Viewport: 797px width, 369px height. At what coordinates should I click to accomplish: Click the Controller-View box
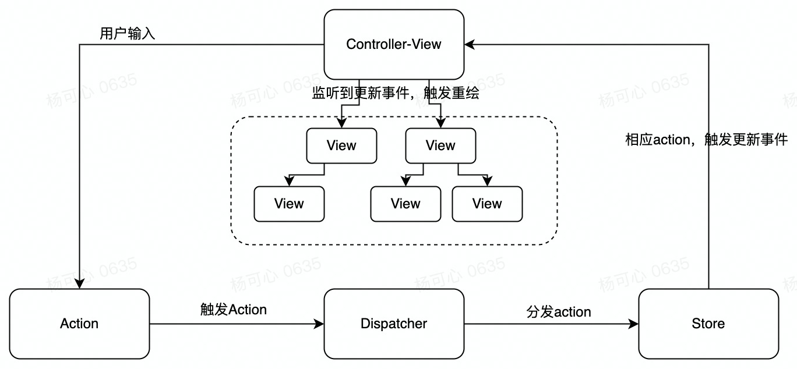tap(394, 44)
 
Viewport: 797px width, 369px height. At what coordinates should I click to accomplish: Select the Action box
tap(79, 324)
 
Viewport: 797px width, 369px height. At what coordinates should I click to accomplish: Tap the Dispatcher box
tap(394, 324)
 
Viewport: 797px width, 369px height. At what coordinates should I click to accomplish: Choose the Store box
tap(708, 324)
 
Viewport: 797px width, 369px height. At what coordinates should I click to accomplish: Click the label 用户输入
tap(128, 34)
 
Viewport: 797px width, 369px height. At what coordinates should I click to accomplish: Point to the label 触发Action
tap(233, 310)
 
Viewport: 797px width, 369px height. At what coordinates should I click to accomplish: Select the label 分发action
tap(559, 312)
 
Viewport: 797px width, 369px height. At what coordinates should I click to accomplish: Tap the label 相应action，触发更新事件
tap(706, 140)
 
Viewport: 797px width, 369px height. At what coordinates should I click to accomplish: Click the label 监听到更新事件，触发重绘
tap(396, 93)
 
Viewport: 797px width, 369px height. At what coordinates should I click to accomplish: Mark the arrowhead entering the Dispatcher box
tap(320, 324)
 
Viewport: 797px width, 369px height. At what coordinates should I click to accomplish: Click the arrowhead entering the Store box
tap(634, 324)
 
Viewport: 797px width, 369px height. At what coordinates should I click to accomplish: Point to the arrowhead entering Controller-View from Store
tap(469, 44)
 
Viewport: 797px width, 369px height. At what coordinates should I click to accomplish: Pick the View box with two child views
tap(440, 146)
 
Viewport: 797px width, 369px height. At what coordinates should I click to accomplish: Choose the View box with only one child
tap(341, 146)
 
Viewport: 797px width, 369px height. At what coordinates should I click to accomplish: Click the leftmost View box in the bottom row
tap(289, 204)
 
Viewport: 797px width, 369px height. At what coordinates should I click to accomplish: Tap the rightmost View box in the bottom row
tap(487, 204)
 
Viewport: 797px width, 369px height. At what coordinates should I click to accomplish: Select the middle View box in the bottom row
tap(405, 204)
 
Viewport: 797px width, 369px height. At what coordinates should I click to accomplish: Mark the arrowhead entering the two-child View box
tap(440, 124)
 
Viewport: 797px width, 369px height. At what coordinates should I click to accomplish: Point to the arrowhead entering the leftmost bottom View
tap(289, 182)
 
